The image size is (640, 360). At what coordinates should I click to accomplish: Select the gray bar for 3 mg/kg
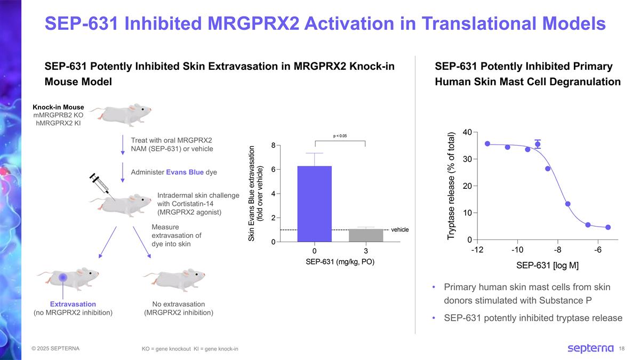(366, 235)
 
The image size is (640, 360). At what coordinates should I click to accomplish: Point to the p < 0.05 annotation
(340, 136)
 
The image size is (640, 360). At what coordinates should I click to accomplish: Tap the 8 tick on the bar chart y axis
(273, 145)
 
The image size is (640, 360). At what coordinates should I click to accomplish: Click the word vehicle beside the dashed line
(399, 229)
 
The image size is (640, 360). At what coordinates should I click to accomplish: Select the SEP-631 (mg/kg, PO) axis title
(340, 262)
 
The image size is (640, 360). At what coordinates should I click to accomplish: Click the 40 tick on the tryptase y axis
(468, 132)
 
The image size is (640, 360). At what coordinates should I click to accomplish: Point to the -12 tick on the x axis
(477, 250)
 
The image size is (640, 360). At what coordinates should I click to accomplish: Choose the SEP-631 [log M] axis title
(547, 265)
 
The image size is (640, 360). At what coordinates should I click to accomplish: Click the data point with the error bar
(538, 144)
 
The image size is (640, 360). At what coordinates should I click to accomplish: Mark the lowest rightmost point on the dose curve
(607, 227)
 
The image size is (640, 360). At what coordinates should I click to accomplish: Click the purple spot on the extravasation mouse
(63, 277)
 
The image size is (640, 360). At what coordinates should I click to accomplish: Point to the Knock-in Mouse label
(58, 107)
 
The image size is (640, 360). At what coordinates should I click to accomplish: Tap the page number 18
(621, 349)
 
